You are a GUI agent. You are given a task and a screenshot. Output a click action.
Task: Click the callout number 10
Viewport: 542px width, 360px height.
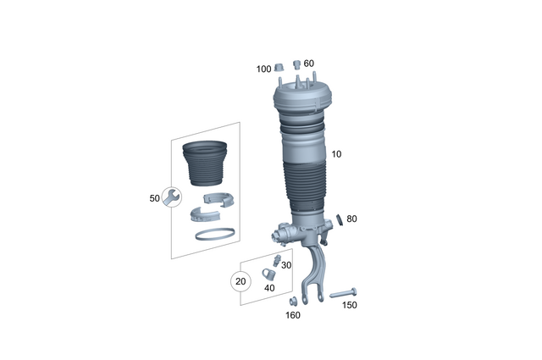(x=337, y=154)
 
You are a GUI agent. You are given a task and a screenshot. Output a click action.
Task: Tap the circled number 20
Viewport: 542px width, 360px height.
(x=241, y=281)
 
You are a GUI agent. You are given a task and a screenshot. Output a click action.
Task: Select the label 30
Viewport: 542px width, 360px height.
(x=286, y=266)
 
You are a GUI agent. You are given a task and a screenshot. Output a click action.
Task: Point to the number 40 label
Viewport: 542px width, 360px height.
(x=270, y=289)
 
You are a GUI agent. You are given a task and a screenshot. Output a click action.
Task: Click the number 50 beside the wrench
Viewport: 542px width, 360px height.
(x=154, y=198)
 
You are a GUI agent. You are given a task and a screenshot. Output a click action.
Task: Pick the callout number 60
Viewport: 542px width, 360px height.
(x=308, y=64)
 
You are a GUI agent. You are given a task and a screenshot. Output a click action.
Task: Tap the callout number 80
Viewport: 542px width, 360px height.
(x=351, y=219)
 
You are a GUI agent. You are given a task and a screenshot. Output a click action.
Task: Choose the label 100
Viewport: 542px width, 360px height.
(x=263, y=69)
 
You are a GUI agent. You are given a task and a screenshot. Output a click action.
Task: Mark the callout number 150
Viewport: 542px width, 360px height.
(x=350, y=305)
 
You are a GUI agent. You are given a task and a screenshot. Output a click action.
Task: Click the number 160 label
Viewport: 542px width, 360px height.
(x=292, y=315)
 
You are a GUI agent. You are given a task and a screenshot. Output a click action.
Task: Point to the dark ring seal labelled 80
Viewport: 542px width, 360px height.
(x=340, y=219)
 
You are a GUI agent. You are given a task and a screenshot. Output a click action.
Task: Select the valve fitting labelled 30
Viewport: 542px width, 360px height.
(x=276, y=259)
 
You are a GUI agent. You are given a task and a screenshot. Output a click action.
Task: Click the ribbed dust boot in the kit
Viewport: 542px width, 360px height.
(x=206, y=165)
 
